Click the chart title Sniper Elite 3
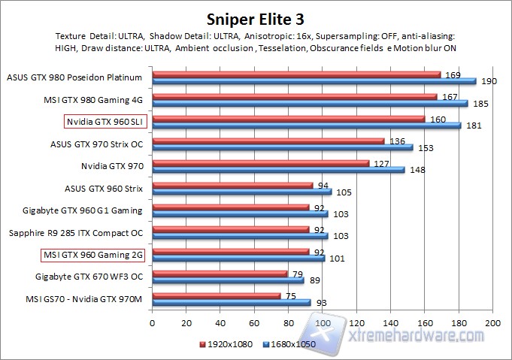click(x=256, y=17)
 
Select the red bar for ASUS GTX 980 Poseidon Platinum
click(x=296, y=74)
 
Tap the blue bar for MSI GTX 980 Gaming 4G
click(x=310, y=103)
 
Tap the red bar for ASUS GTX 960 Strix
click(x=232, y=185)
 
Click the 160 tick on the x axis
click(x=425, y=322)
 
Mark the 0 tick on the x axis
click(x=153, y=322)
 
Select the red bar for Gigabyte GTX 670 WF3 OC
click(x=220, y=274)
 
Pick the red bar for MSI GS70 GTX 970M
click(x=217, y=296)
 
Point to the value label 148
click(x=418, y=171)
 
